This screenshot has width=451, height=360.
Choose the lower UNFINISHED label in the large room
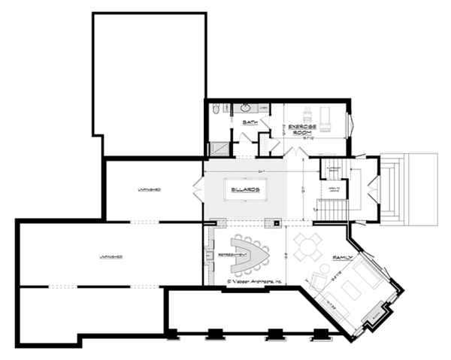click(x=110, y=257)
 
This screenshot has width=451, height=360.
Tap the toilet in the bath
click(x=216, y=110)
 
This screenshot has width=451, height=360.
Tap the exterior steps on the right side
click(x=394, y=188)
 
